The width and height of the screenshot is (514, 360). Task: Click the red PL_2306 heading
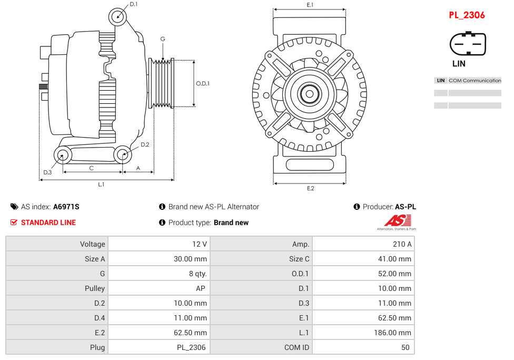click(x=467, y=15)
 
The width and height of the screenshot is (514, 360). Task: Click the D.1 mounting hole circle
click(x=118, y=16)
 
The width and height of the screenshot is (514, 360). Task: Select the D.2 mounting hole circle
click(x=123, y=154)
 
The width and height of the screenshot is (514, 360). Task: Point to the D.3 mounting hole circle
click(x=63, y=155)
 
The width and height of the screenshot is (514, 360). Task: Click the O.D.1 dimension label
click(x=203, y=83)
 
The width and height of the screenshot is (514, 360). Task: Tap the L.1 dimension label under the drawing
click(x=101, y=184)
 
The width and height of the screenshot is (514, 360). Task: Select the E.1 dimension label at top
click(x=310, y=5)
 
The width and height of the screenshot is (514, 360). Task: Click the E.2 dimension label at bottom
click(x=310, y=188)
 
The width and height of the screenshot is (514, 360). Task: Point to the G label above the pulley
click(x=163, y=39)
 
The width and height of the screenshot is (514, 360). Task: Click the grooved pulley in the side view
click(x=162, y=83)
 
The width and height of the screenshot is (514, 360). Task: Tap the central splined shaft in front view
click(x=309, y=94)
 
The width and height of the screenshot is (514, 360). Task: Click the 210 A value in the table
click(x=402, y=244)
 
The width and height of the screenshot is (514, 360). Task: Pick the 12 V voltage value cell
click(x=200, y=244)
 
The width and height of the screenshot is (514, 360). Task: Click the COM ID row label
click(x=296, y=347)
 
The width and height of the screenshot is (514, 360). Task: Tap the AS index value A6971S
click(x=66, y=207)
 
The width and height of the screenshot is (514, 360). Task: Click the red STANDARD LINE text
click(x=48, y=222)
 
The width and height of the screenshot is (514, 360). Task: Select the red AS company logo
click(x=397, y=221)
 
